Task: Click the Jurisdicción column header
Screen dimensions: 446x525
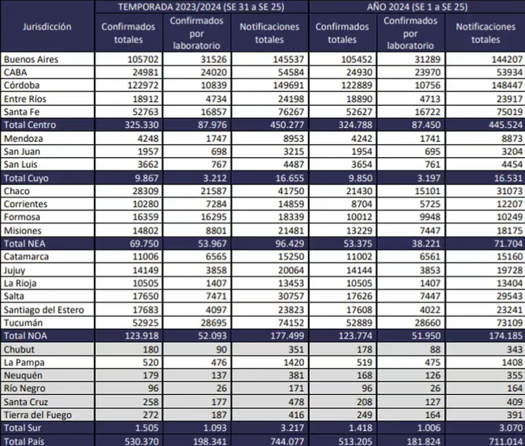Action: click(46, 27)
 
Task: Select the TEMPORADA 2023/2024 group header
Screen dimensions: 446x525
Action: click(201, 7)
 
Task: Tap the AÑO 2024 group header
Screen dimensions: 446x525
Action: click(416, 7)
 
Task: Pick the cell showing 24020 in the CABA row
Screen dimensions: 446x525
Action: click(197, 72)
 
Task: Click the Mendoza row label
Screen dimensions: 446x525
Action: click(23, 139)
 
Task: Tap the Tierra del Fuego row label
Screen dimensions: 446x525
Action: click(37, 415)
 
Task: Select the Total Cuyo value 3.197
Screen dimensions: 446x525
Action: click(410, 178)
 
